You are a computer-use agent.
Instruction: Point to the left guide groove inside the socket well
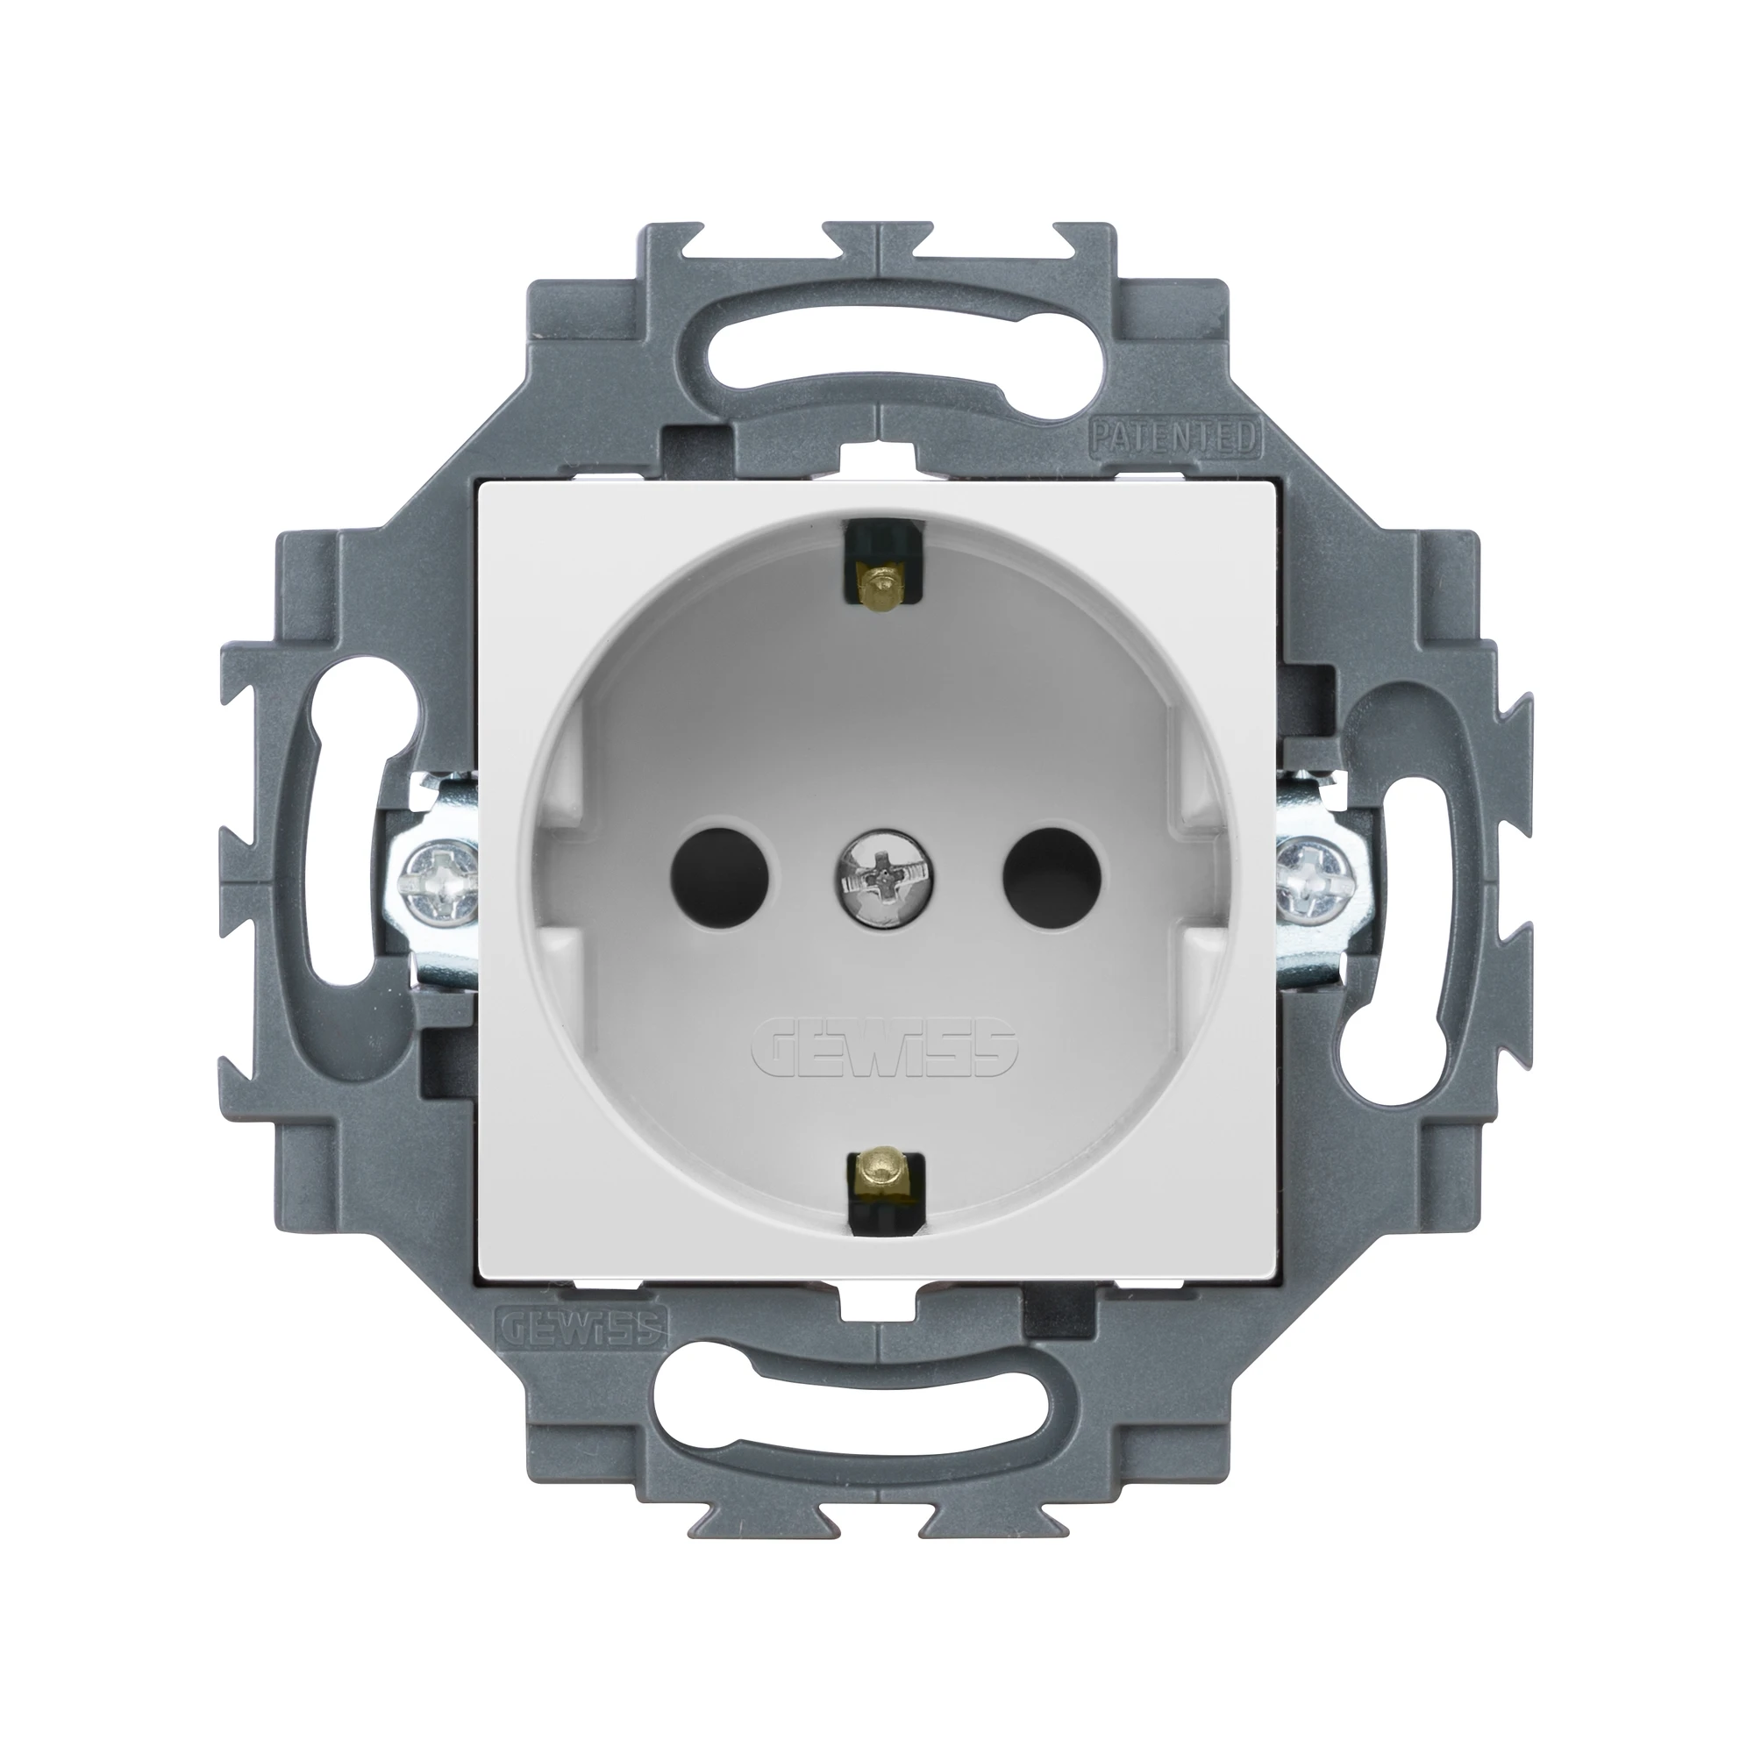(x=569, y=876)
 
